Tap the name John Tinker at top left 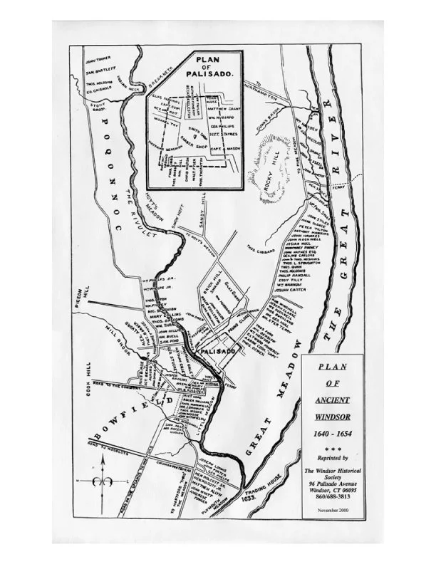(98, 51)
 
